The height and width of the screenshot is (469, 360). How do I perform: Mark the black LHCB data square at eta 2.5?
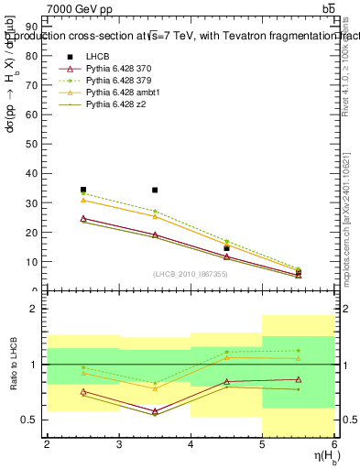coord(83,190)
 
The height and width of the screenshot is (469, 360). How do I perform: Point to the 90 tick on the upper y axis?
coord(34,27)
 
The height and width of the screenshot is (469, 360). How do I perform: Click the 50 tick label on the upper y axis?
coord(34,144)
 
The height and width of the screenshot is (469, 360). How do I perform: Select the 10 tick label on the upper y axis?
coord(34,261)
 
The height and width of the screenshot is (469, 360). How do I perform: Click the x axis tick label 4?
coord(191,444)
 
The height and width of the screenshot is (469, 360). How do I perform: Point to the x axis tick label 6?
coord(334,444)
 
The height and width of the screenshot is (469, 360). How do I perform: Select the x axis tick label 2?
coord(47,444)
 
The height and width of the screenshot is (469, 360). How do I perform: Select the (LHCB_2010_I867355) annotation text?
coord(191,275)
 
